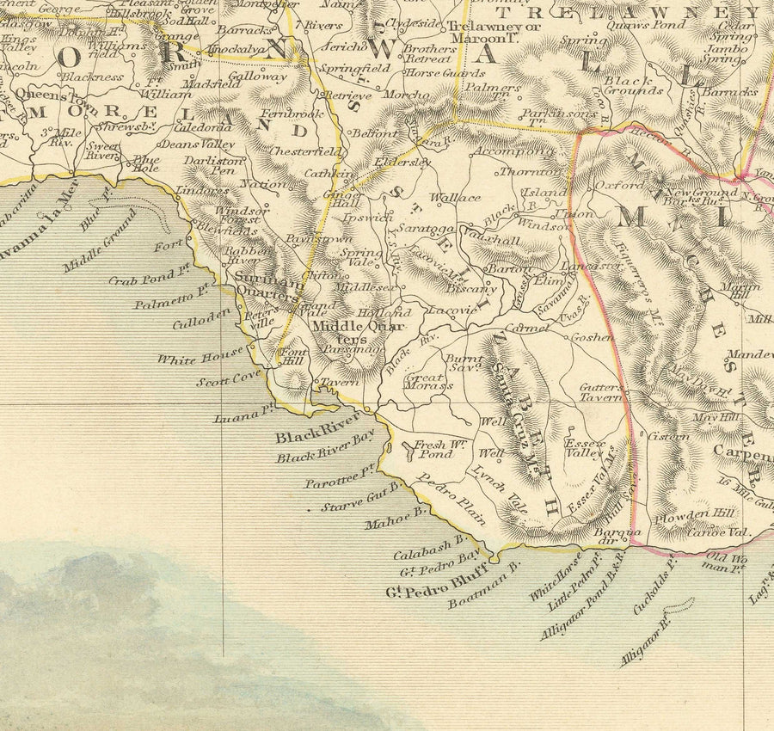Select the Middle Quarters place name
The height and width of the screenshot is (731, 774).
pos(349,332)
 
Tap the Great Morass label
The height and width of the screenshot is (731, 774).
pos(427,381)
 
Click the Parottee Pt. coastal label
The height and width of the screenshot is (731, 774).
pos(341,477)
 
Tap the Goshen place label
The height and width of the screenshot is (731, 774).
pos(593,337)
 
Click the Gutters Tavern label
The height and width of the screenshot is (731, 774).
pos(600,393)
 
